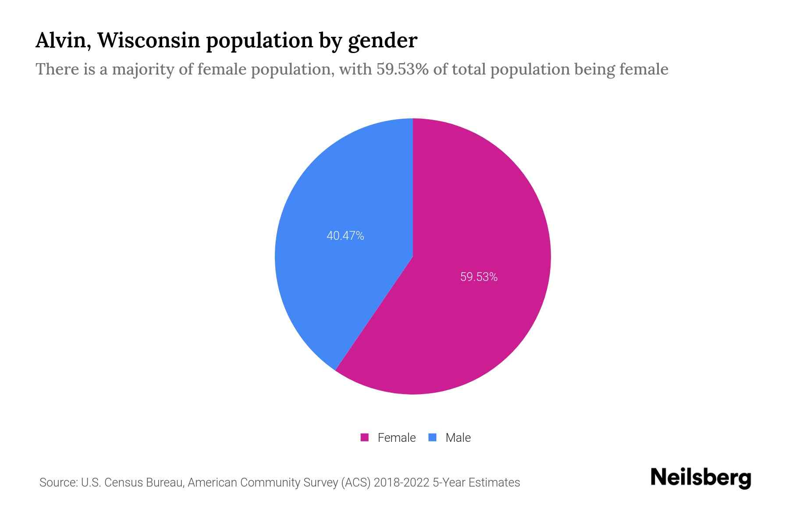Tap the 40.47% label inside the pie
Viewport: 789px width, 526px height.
pos(345,236)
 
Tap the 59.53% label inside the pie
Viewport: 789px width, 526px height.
pos(479,277)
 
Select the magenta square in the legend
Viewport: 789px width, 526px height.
pos(364,437)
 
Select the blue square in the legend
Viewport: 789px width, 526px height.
pos(433,437)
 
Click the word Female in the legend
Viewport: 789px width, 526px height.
pos(396,437)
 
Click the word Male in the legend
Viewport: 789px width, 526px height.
pos(458,437)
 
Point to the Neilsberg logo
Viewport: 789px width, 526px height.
pos(700,478)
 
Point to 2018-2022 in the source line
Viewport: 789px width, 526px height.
pos(402,483)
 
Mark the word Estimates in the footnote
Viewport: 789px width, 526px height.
pos(494,483)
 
